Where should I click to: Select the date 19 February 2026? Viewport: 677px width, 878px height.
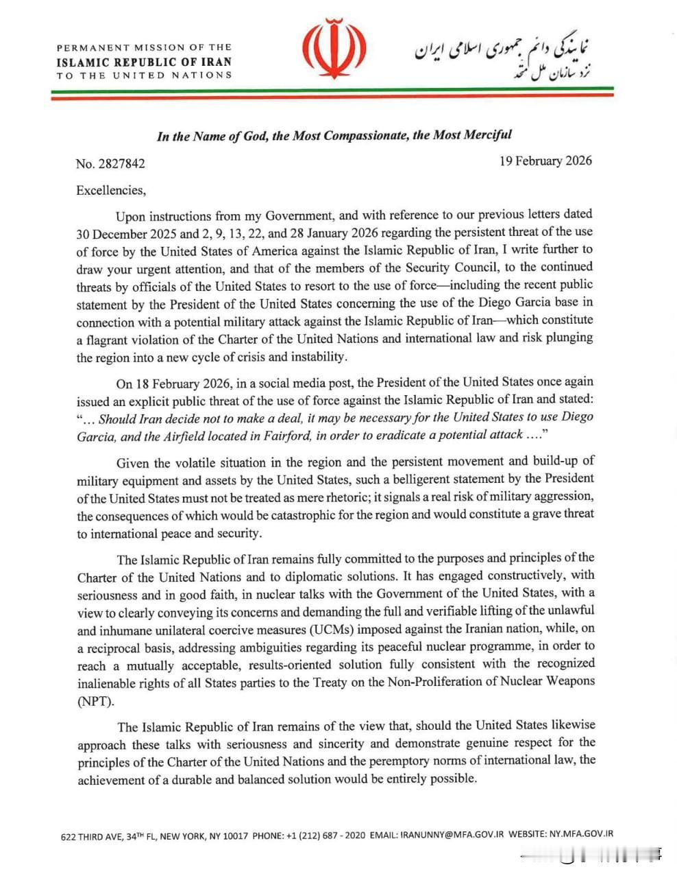(x=545, y=161)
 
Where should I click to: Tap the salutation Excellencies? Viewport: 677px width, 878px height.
(x=110, y=190)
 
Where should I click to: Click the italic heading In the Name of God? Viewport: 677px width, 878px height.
(x=334, y=135)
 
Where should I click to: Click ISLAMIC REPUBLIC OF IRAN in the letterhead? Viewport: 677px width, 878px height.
(x=144, y=61)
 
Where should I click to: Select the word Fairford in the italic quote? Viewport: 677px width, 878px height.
(x=288, y=435)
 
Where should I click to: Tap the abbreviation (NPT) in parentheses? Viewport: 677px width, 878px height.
(x=97, y=701)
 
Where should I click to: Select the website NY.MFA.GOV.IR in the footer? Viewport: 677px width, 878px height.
(x=580, y=834)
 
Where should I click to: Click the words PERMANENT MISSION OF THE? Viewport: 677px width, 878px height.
(x=144, y=47)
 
